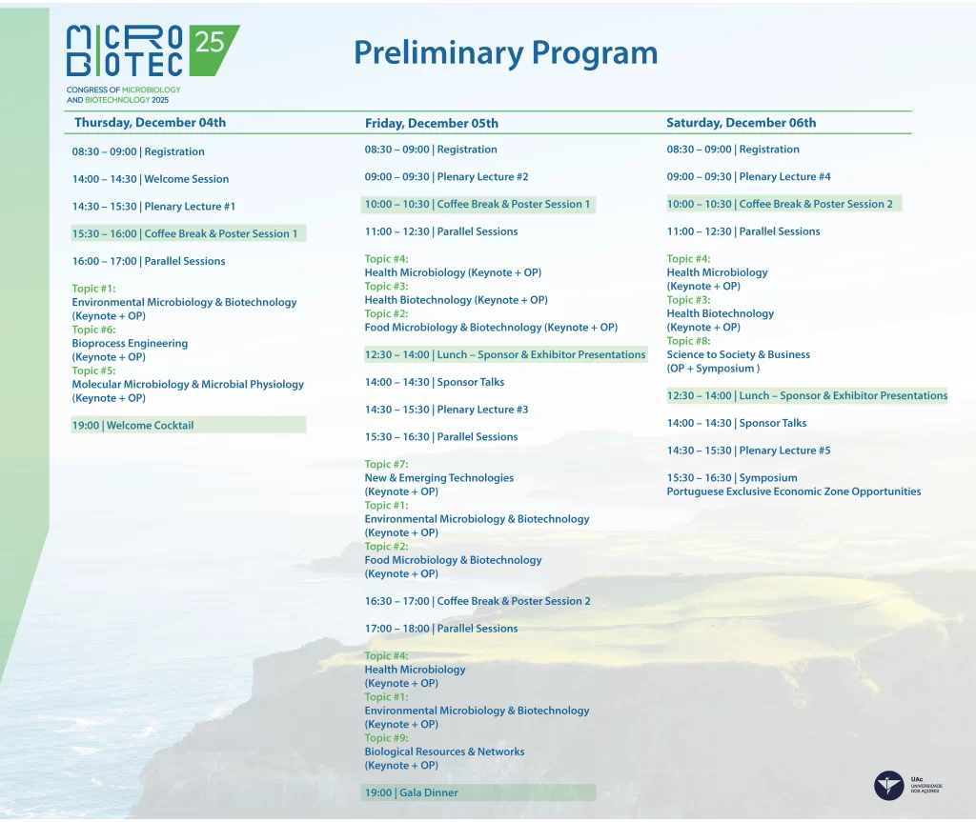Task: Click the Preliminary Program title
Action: coord(505,54)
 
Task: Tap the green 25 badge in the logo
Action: coord(212,49)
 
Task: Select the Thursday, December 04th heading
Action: coord(150,123)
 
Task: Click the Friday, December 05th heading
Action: coord(432,123)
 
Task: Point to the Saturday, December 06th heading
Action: coord(741,123)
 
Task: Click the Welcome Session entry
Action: coord(151,179)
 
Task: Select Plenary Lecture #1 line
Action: coord(153,207)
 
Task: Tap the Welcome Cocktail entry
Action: coord(132,426)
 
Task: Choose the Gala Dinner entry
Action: coord(412,792)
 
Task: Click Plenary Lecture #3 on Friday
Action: coord(446,410)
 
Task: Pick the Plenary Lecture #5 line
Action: coord(748,451)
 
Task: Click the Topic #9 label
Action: coord(387,738)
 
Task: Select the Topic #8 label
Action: coord(688,341)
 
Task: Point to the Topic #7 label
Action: coord(387,464)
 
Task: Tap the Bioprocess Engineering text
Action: coord(130,344)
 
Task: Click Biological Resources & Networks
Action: coord(444,752)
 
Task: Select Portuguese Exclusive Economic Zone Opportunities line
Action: coord(794,491)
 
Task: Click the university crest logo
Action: coord(889,785)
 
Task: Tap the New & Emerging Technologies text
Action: coord(438,478)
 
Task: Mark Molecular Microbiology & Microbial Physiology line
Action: coord(188,385)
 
